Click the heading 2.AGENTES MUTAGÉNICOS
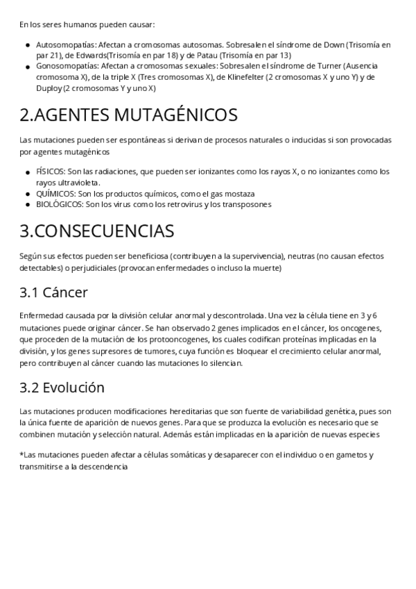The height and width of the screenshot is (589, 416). point(128,115)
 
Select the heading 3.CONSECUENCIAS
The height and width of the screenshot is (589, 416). point(97,231)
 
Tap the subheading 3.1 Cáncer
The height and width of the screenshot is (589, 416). point(54,292)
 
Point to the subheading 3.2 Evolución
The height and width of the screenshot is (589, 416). point(62,388)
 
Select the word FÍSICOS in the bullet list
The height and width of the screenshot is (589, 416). point(50,171)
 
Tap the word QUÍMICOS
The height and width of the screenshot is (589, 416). point(54,193)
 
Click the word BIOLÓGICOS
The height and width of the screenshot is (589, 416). point(59,204)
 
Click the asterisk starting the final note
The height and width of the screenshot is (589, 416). point(21,454)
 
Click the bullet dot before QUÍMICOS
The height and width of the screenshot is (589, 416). point(28,194)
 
